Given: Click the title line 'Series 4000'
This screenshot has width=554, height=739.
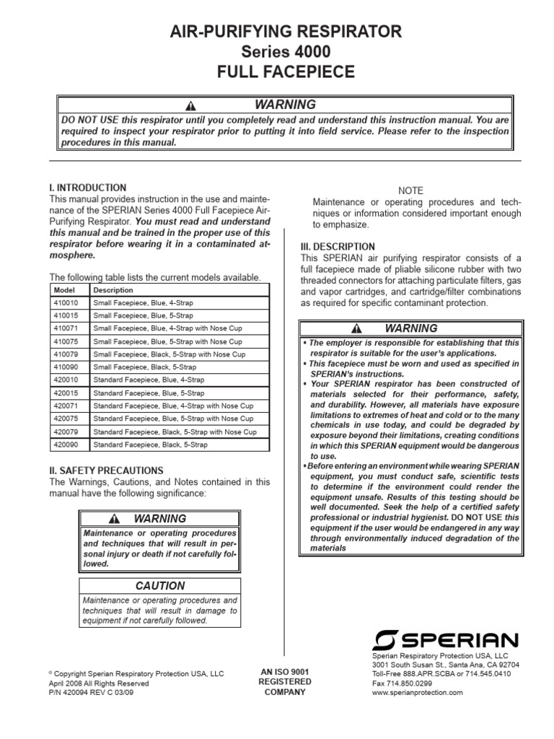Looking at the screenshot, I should [x=276, y=51].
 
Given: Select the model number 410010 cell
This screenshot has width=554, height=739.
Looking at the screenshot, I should [x=66, y=303].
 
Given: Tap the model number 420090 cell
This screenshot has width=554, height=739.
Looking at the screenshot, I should [x=66, y=445].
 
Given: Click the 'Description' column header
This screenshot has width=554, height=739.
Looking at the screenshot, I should [x=113, y=290].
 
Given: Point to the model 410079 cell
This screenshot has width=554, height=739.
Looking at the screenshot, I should [x=66, y=354].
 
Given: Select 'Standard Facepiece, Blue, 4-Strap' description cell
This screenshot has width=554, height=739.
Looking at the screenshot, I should [x=149, y=380].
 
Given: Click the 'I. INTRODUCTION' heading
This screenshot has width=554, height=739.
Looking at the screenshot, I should [x=87, y=188].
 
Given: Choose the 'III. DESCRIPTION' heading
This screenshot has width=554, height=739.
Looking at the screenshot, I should [x=338, y=247].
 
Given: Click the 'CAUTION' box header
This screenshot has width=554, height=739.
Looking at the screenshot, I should [x=160, y=586].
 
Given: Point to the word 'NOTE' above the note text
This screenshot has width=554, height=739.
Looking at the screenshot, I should [x=410, y=191].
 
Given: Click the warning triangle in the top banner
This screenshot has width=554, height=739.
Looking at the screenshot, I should [x=190, y=105].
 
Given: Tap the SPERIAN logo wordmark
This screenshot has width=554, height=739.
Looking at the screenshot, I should [x=445, y=639].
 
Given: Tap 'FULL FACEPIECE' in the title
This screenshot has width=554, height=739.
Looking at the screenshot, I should [x=276, y=71].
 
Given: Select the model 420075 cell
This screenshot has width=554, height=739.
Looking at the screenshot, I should [x=66, y=419].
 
